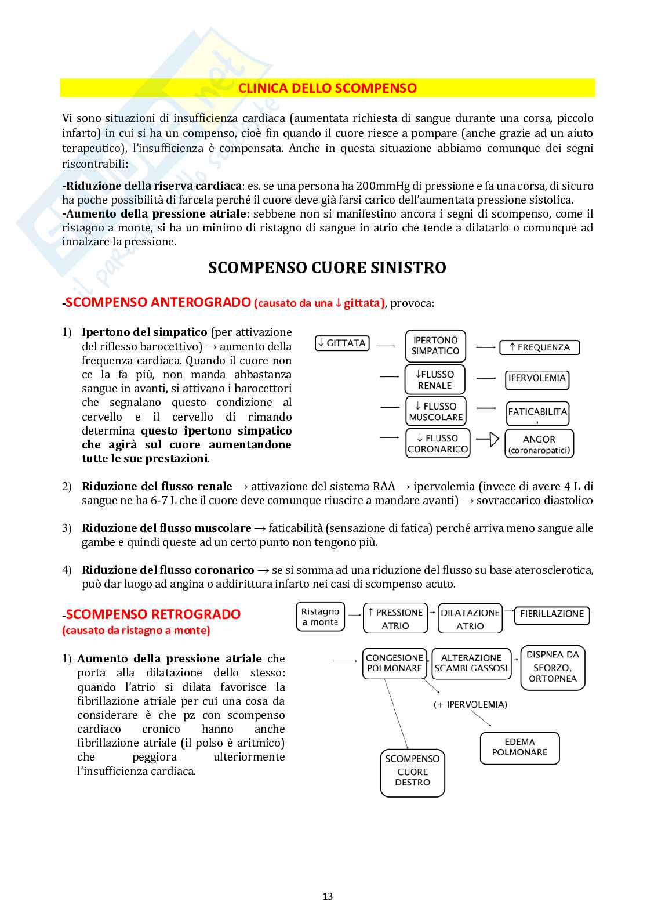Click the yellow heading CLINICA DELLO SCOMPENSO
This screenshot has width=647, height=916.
(327, 88)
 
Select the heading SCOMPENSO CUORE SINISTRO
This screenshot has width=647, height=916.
(327, 268)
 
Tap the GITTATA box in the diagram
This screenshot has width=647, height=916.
(342, 343)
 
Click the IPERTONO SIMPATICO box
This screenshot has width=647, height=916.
(435, 346)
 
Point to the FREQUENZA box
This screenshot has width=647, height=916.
(539, 347)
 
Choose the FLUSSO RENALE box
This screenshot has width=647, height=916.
(435, 380)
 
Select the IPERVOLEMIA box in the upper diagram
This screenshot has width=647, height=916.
(537, 379)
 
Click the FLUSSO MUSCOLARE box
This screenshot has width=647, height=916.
(435, 411)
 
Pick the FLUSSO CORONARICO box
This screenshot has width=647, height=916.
(438, 444)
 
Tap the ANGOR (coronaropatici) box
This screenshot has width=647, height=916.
(539, 444)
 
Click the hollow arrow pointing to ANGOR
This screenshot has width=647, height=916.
(493, 439)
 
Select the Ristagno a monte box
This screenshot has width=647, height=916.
(320, 617)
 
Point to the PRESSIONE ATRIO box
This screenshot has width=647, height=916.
(395, 618)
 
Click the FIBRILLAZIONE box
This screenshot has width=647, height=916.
(551, 614)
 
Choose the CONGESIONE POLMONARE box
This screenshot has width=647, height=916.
(394, 663)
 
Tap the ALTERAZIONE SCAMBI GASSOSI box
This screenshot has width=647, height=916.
(471, 663)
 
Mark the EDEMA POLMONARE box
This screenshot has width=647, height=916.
(519, 748)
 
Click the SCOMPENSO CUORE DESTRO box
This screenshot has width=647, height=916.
(412, 772)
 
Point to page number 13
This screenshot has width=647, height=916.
(328, 896)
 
